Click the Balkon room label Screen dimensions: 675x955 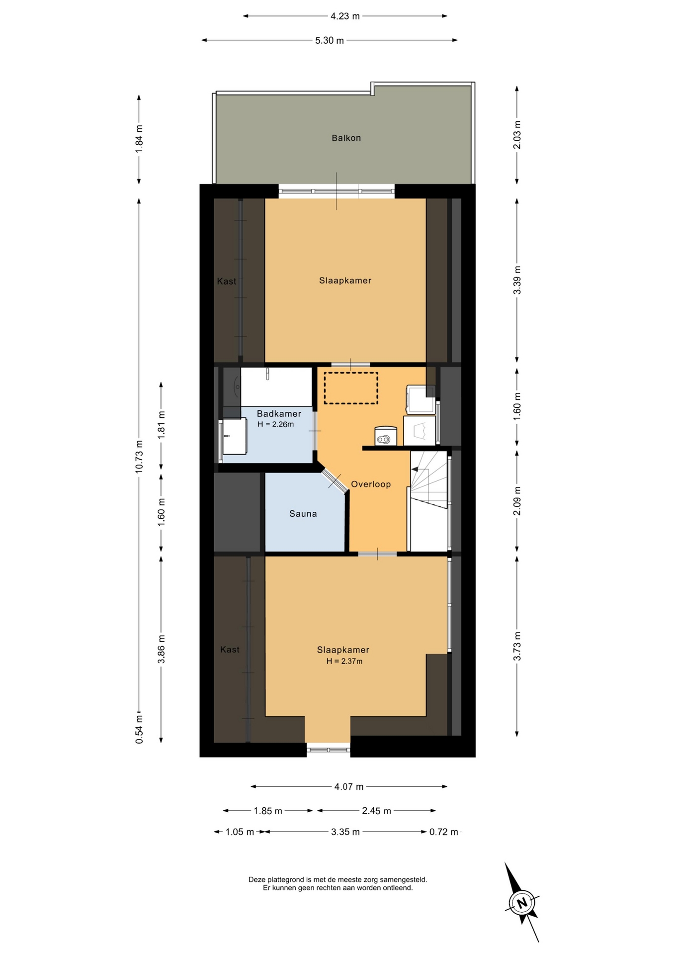pyautogui.click(x=346, y=138)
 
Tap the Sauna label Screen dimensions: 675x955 pyautogui.click(x=303, y=514)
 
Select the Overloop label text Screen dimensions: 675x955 pyautogui.click(x=371, y=484)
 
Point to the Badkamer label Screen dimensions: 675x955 pyautogui.click(x=279, y=414)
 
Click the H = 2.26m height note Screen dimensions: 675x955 pyautogui.click(x=275, y=424)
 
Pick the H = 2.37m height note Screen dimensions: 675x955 pyautogui.click(x=344, y=661)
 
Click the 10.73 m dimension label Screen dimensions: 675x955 pyautogui.click(x=139, y=456)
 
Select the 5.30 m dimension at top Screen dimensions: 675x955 pyautogui.click(x=329, y=40)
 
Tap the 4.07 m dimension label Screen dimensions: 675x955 pyautogui.click(x=348, y=786)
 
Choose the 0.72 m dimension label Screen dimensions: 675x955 pyautogui.click(x=443, y=832)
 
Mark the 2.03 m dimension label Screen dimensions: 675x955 pyautogui.click(x=517, y=135)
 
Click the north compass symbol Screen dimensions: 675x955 pyautogui.click(x=522, y=903)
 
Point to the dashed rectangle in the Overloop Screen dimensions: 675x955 pyautogui.click(x=351, y=388)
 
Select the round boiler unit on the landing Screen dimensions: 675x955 pyautogui.click(x=385, y=436)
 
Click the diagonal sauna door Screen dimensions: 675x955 pyautogui.click(x=334, y=480)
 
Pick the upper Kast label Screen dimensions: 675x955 pyautogui.click(x=227, y=282)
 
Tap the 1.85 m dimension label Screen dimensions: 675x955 pyautogui.click(x=268, y=811)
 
